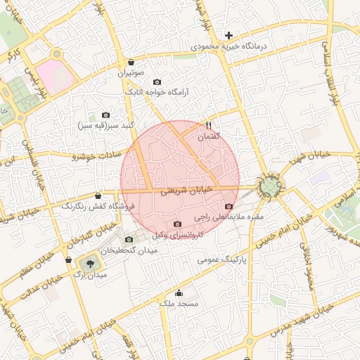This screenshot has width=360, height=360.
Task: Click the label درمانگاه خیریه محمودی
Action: (x=226, y=46)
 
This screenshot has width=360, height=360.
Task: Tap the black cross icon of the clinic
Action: (x=229, y=35)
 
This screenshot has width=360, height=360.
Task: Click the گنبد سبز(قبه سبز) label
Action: (x=105, y=125)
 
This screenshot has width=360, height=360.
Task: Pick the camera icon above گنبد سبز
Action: (x=105, y=115)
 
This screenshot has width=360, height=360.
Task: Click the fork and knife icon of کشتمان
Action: (x=207, y=126)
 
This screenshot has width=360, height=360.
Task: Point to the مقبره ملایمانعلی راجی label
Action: (x=228, y=217)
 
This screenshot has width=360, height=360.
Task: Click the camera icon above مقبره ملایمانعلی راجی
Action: (x=229, y=207)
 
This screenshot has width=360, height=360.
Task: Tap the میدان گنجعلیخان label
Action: (x=131, y=251)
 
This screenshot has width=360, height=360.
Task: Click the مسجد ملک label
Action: (x=179, y=303)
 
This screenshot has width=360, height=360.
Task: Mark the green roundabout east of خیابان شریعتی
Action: (x=270, y=186)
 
